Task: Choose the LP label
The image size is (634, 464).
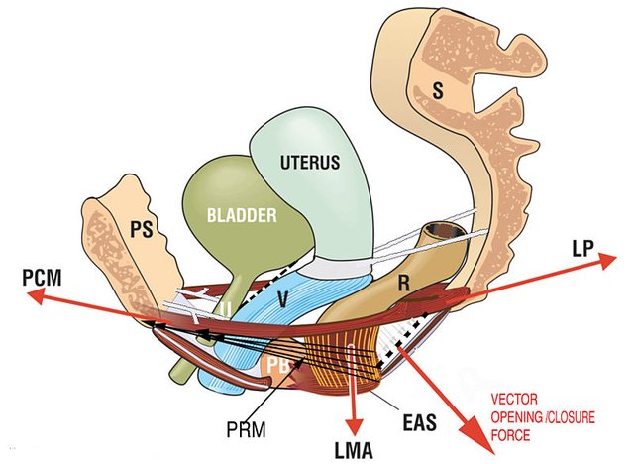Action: click(x=583, y=251)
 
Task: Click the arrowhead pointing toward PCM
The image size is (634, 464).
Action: click(x=31, y=294)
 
